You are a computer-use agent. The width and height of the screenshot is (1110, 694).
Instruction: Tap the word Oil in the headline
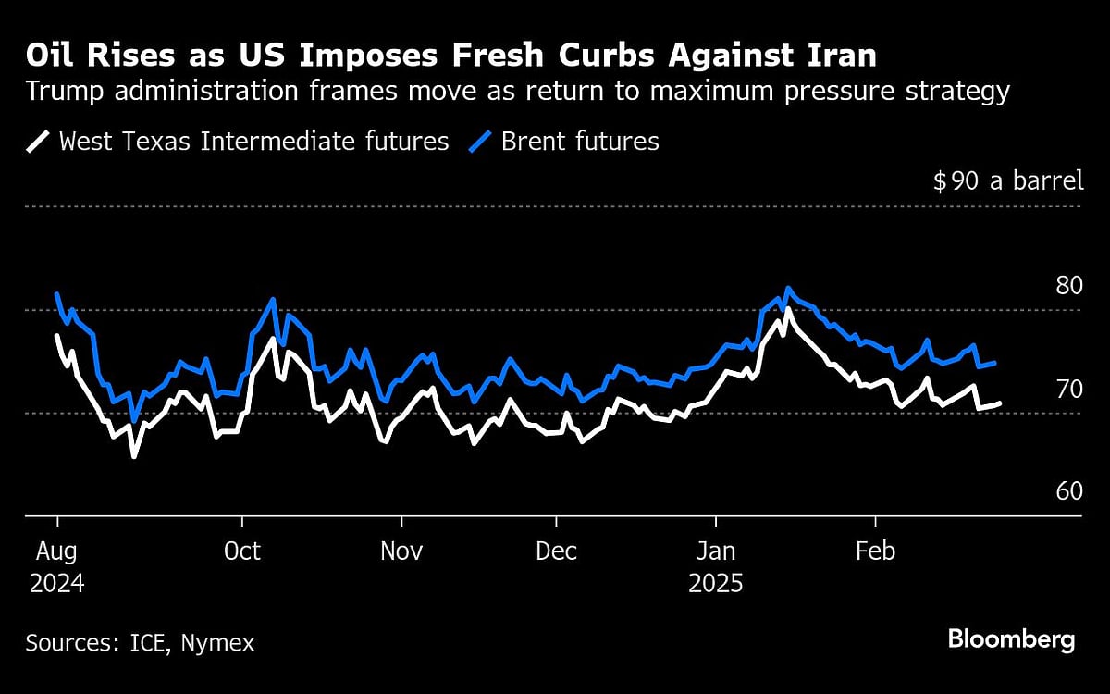click(x=50, y=57)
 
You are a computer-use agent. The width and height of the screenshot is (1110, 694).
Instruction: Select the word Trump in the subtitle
click(x=60, y=93)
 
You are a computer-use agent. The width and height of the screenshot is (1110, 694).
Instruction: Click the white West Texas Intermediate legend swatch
click(x=39, y=142)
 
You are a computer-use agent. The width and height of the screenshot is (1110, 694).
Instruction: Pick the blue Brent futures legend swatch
click(x=482, y=142)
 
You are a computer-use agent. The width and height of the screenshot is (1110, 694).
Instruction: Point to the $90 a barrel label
click(x=1007, y=180)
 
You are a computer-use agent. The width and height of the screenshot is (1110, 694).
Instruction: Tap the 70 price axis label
click(x=1069, y=389)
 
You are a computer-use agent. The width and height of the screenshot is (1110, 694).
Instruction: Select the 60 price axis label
click(x=1069, y=491)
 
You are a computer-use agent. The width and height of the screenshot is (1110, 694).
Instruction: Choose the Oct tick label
click(x=241, y=551)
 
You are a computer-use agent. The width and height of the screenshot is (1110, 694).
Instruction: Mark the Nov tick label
click(x=401, y=551)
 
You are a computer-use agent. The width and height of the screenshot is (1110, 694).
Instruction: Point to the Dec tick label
click(x=558, y=551)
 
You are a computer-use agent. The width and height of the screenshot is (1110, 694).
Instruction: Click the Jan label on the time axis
click(x=715, y=551)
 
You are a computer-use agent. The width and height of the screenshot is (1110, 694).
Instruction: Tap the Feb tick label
click(x=874, y=551)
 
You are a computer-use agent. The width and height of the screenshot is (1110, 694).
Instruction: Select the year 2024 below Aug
click(x=55, y=585)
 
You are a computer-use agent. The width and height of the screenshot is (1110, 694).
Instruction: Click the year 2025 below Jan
click(x=716, y=585)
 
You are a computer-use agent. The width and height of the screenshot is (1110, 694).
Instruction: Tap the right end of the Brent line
click(x=994, y=363)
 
